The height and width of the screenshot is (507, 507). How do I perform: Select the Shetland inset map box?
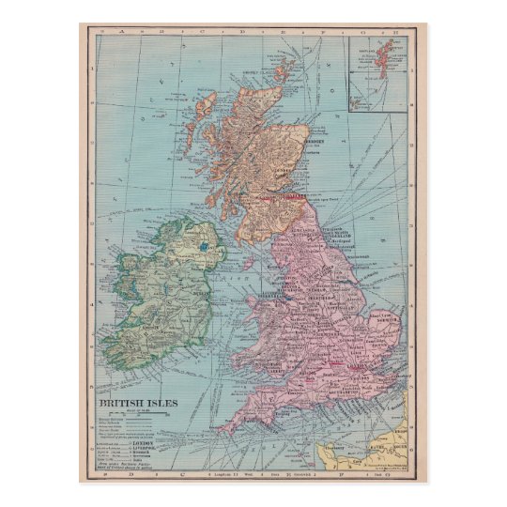pos(377,73)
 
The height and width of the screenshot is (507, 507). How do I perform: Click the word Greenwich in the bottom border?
pos(311,476)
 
